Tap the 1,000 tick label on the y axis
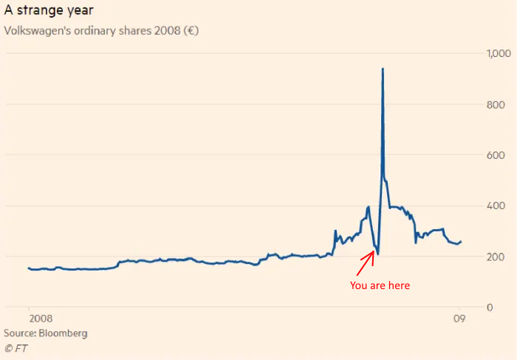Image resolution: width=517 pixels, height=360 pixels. [x=497, y=54]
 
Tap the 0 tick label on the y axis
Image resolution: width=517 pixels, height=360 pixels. [x=489, y=307]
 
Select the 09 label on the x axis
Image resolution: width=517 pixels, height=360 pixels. [x=459, y=319]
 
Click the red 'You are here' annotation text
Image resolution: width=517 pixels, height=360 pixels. [x=379, y=285]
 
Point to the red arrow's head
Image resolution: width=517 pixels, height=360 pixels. [x=374, y=251]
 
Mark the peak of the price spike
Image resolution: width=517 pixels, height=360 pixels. [x=383, y=69]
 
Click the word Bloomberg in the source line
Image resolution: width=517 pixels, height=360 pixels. [x=64, y=333]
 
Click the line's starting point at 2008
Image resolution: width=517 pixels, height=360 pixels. [x=28, y=268]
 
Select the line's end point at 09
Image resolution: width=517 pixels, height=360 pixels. [x=461, y=242]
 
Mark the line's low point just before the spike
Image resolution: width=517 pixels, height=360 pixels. [x=377, y=254]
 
